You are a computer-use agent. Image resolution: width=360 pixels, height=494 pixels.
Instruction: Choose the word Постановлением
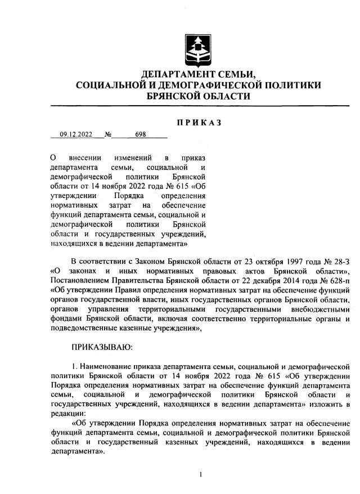click(x=80, y=280)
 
